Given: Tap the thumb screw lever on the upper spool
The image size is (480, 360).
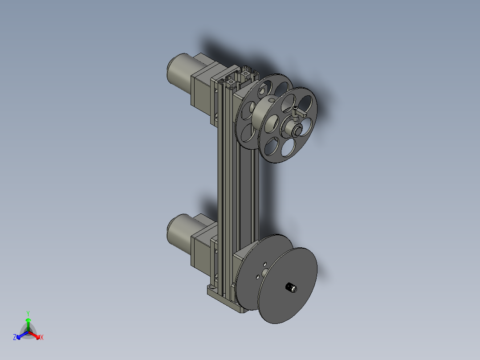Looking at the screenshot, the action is coord(298,113).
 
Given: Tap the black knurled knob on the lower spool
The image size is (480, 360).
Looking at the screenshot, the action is coord(291,288).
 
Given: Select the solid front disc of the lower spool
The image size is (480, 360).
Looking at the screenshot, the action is coord(287,286).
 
